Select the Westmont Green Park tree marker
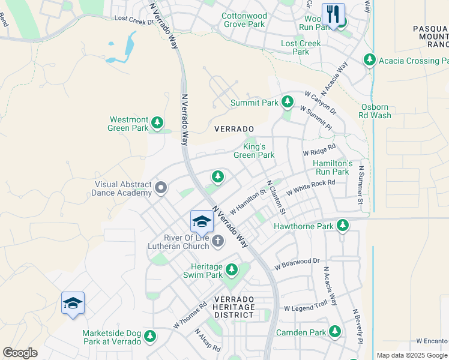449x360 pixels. click(x=157, y=123)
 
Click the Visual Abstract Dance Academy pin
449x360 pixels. click(x=160, y=188)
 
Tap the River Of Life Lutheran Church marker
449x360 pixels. click(x=218, y=241)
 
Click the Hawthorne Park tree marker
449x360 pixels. click(x=342, y=226)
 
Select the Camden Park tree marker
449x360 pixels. click(x=334, y=332)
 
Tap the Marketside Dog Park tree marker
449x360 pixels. click(x=149, y=337)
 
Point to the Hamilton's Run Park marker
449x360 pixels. click(x=331, y=167)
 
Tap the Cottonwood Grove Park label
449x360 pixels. click(x=244, y=20)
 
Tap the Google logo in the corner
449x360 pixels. click(x=20, y=353)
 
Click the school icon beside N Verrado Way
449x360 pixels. click(x=202, y=221)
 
